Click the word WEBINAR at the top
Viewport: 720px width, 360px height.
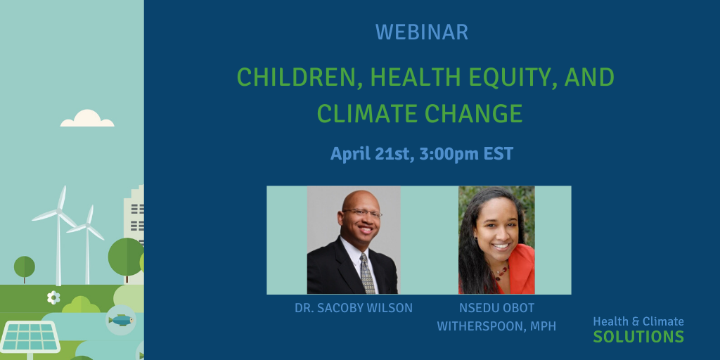(422, 32)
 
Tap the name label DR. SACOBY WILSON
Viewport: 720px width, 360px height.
(354, 308)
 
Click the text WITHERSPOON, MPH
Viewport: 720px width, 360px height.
(496, 326)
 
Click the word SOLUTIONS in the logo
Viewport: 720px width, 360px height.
(638, 337)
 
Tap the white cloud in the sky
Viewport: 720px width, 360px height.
(87, 118)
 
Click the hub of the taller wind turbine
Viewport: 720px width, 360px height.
(58, 211)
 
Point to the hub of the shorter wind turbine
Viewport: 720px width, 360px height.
(87, 225)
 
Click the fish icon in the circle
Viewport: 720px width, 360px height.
(121, 320)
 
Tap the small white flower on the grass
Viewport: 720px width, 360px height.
(53, 297)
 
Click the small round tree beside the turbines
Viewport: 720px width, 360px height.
(25, 267)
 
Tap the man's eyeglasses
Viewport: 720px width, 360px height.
(362, 212)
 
